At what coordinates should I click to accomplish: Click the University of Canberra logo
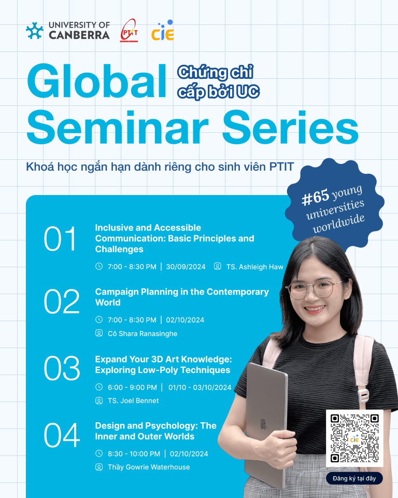tap(67, 31)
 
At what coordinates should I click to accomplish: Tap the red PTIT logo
tap(129, 31)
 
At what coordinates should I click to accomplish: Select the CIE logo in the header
tap(163, 30)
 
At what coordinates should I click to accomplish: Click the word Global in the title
tap(97, 81)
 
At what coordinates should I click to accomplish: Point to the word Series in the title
tap(290, 127)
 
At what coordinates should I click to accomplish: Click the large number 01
tap(60, 239)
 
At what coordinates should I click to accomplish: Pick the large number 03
tap(62, 368)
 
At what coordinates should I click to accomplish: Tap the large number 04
tap(62, 435)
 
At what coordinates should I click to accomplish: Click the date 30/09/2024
tap(186, 267)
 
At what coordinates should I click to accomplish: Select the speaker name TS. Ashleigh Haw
tap(255, 267)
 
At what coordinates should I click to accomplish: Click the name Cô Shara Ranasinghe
tap(143, 334)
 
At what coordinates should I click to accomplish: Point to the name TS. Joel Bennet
tap(133, 400)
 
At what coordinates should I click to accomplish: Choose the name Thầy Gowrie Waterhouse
tap(149, 467)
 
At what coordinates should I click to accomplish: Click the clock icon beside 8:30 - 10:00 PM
tap(99, 453)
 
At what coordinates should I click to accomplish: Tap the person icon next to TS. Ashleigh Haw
tap(218, 266)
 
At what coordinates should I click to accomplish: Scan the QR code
tap(354, 438)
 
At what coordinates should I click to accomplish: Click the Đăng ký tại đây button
tap(354, 478)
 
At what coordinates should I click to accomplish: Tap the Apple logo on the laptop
tap(263, 424)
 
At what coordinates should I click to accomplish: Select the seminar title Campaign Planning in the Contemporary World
tap(182, 297)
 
